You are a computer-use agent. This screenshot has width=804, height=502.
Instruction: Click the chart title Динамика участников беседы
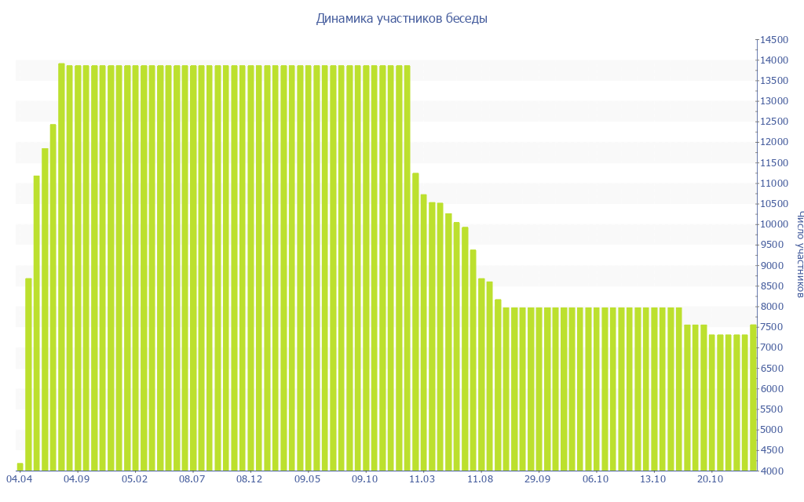pyautogui.click(x=401, y=19)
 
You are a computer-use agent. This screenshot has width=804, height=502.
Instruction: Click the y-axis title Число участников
pyautogui.click(x=799, y=254)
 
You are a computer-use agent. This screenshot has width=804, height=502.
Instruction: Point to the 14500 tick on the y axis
pyautogui.click(x=773, y=40)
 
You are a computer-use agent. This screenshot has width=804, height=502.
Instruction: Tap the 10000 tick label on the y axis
pyautogui.click(x=773, y=224)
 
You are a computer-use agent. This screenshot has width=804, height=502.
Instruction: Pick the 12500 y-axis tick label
pyautogui.click(x=773, y=122)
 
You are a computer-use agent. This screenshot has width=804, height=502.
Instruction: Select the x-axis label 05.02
pyautogui.click(x=134, y=478)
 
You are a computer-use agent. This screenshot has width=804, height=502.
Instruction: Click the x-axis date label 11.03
pyautogui.click(x=422, y=478)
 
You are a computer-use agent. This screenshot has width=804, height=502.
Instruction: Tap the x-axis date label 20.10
pyautogui.click(x=711, y=478)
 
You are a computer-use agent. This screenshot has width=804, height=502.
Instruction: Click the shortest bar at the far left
pyautogui.click(x=20, y=467)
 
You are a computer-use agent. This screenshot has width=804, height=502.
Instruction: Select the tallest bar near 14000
pyautogui.click(x=61, y=267)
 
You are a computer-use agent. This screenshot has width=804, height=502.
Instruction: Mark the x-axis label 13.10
pyautogui.click(x=653, y=478)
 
